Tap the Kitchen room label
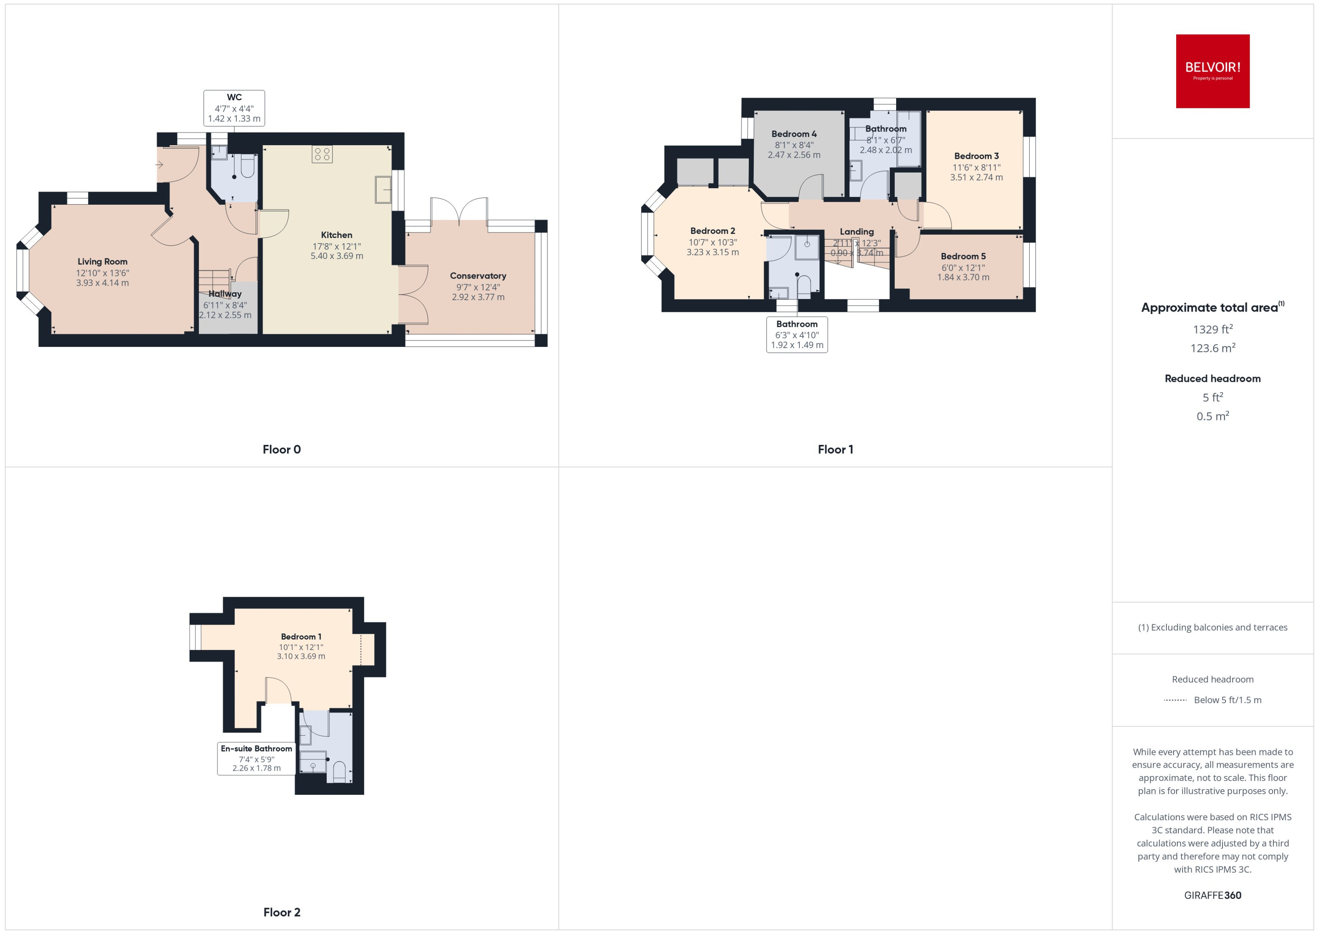click(x=336, y=235)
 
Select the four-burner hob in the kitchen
click(x=322, y=153)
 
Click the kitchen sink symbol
click(x=383, y=189)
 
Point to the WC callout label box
click(x=234, y=107)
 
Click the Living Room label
click(x=102, y=262)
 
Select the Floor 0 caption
click(x=281, y=449)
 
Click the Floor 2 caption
click(x=281, y=912)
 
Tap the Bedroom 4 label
click(x=794, y=134)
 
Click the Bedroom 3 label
click(x=976, y=156)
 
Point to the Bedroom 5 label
click(x=962, y=256)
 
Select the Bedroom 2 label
click(x=712, y=231)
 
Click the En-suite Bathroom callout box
click(x=256, y=758)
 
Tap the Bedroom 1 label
click(x=301, y=636)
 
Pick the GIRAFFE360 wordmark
click(x=1212, y=895)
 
